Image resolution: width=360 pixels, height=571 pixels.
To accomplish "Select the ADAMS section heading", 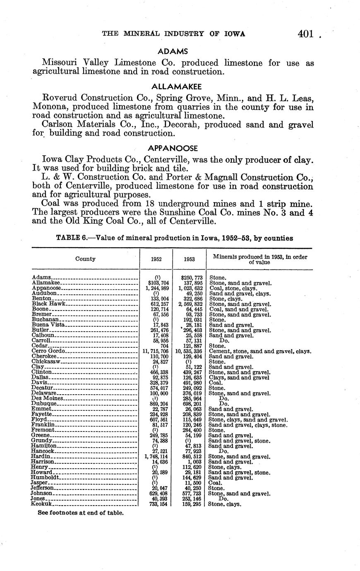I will tap(173, 52).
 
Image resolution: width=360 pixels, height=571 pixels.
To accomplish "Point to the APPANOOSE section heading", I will tap(173, 148).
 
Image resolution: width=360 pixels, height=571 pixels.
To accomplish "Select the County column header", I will tap(85, 259).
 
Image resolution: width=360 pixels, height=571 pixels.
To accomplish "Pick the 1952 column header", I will tap(156, 260).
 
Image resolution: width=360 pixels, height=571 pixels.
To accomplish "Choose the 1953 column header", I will tap(189, 260).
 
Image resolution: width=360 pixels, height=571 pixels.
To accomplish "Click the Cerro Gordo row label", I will tap(48, 351).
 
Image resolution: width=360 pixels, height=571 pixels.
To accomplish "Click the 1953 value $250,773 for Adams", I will tap(192, 277).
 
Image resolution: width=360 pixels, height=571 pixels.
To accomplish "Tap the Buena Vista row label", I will tap(48, 325).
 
